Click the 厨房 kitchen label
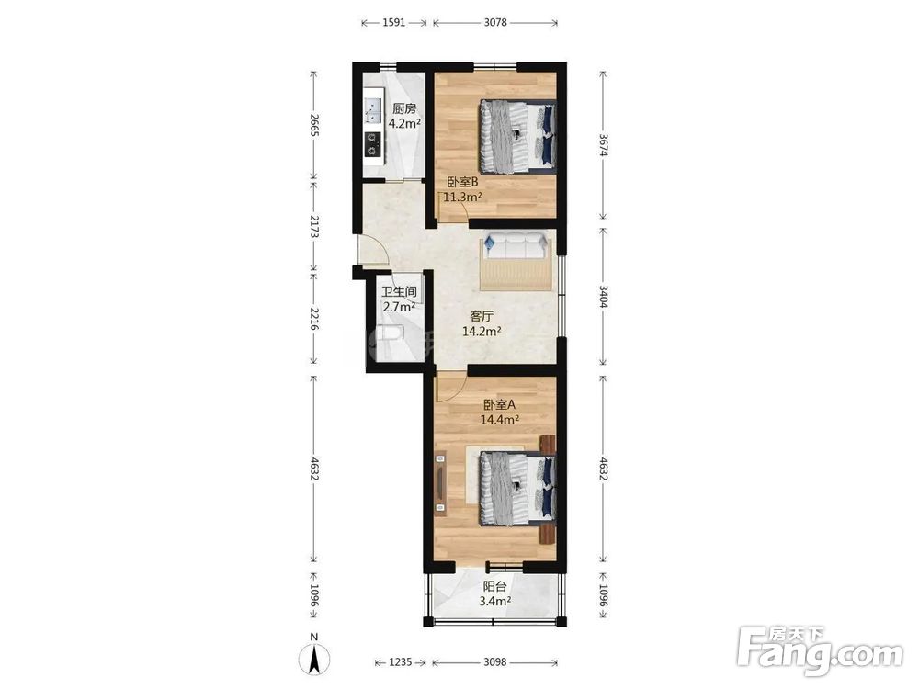coord(404,108)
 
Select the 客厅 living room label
coord(482,316)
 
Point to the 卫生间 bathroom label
coord(399,292)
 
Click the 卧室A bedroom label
coord(499,405)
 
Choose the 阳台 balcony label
coord(495,586)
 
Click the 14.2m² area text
coord(482,332)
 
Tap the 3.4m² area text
coord(495,601)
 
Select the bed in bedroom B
coord(517,137)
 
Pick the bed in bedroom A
coord(517,488)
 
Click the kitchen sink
coord(372,111)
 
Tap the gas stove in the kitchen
coord(372,145)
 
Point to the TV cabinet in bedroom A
coord(441,483)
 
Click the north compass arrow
coord(314,658)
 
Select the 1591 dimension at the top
coord(394,23)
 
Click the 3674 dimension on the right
coord(603,145)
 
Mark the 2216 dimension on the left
coord(314,320)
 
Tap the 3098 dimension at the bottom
coord(495,662)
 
